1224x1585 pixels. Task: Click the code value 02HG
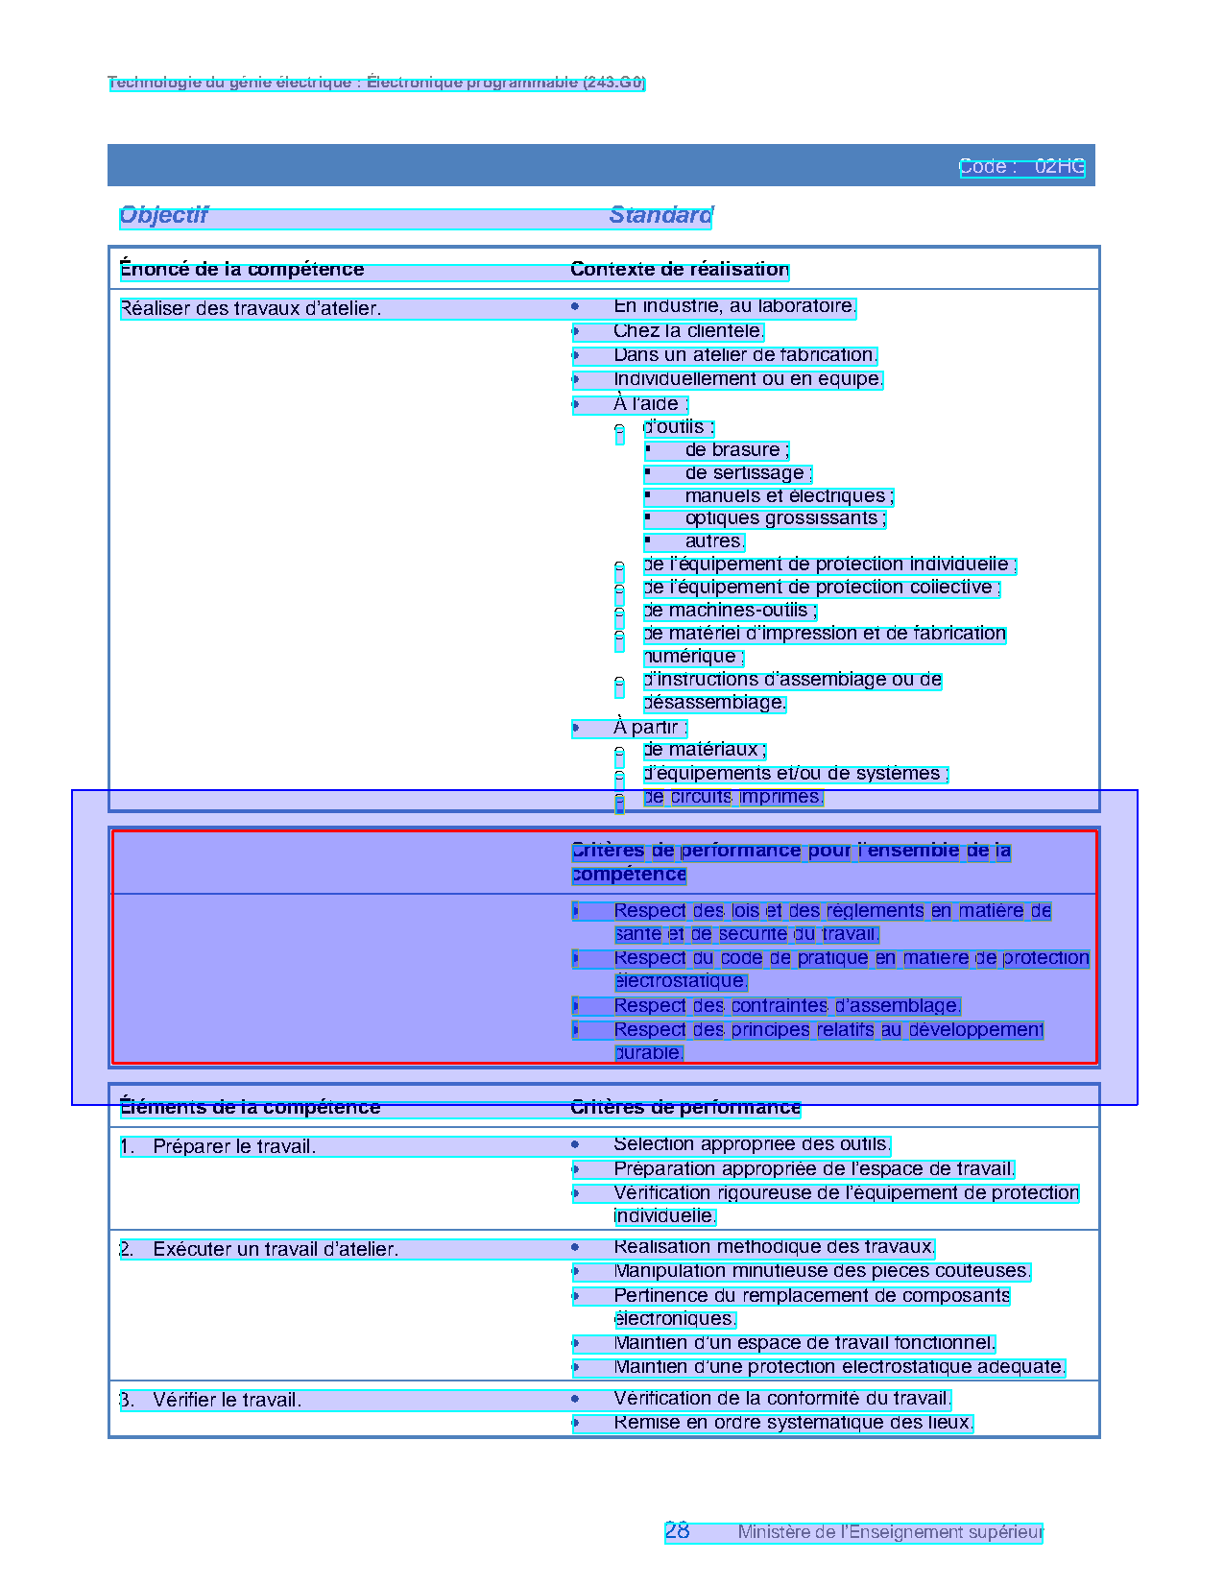[x=1059, y=167]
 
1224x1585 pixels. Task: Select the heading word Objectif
[x=164, y=215]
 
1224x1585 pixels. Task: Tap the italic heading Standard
[x=660, y=215]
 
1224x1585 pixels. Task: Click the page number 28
[x=677, y=1531]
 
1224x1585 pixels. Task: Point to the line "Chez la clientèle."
[x=688, y=331]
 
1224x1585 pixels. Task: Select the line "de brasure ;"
[x=736, y=450]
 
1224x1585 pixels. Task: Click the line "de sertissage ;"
[x=748, y=473]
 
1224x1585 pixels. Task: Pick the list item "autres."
[x=714, y=541]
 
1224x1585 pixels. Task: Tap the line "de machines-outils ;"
[x=730, y=611]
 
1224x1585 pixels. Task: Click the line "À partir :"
[x=650, y=728]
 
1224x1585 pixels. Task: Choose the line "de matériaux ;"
[x=705, y=750]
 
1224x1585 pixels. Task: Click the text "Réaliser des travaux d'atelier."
[x=251, y=309]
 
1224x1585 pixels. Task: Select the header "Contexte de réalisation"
[x=680, y=270]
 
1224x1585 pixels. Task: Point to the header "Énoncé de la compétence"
[x=242, y=270]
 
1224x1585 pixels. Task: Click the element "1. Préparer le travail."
[x=218, y=1147]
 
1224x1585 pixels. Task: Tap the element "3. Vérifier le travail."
[x=211, y=1401]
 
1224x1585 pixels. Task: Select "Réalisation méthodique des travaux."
[x=774, y=1247]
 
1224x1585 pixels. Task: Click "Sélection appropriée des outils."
[x=752, y=1144]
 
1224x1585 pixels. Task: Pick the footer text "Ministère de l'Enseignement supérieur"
[x=890, y=1532]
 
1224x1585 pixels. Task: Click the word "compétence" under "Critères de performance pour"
[x=629, y=875]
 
